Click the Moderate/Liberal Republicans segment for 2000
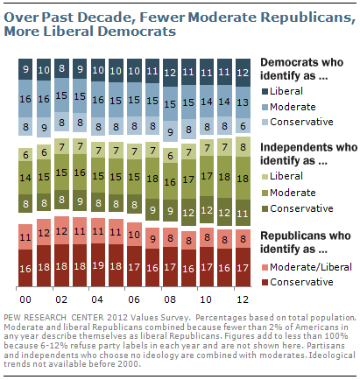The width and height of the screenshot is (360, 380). (x=26, y=236)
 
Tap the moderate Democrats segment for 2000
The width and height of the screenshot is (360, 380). (x=26, y=100)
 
